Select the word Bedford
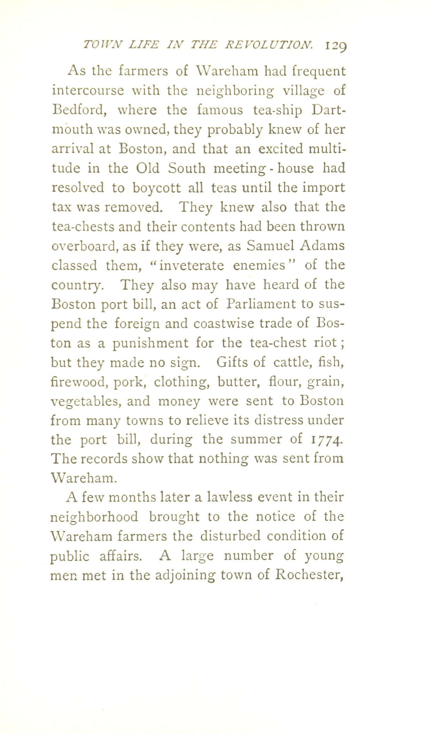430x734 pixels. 79,110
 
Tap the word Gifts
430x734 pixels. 231,363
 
